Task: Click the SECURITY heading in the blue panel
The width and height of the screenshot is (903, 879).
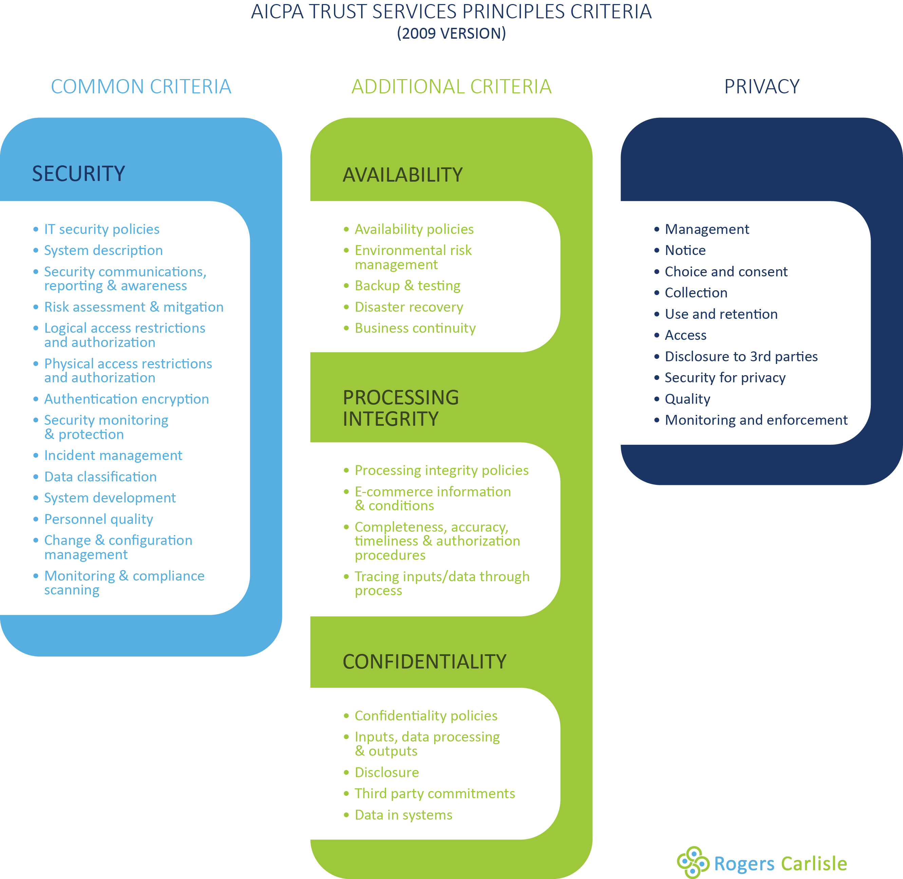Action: (x=78, y=174)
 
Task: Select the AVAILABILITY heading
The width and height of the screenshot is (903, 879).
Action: (x=402, y=175)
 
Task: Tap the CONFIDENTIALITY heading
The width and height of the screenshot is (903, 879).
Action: (x=424, y=662)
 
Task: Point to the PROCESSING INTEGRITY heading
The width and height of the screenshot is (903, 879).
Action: (x=400, y=408)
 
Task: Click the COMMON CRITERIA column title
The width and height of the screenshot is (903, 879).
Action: (x=141, y=87)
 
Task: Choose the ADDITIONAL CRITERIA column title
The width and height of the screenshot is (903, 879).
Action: (x=451, y=87)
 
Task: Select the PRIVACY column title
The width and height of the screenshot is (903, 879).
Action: (x=761, y=87)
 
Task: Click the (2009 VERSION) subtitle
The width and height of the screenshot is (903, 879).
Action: (x=451, y=34)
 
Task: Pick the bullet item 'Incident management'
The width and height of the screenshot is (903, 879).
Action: (x=113, y=456)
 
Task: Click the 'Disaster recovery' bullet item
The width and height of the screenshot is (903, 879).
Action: (x=409, y=307)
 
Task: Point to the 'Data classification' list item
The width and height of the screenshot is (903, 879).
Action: (x=100, y=477)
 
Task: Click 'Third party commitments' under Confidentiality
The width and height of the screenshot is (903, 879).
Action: (x=435, y=793)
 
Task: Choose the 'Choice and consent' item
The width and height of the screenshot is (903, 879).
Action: (x=726, y=272)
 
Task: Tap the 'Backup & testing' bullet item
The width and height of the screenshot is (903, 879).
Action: (x=408, y=286)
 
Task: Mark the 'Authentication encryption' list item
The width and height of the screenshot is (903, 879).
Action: (x=127, y=399)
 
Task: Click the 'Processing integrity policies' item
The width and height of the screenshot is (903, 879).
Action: (x=441, y=471)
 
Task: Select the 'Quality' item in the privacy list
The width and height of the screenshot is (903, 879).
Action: (x=687, y=399)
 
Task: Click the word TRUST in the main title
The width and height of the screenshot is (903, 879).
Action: (x=338, y=12)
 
